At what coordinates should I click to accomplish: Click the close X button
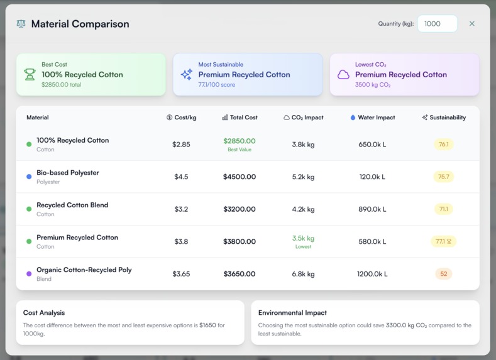(471, 24)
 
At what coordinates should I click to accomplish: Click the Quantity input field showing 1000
(438, 24)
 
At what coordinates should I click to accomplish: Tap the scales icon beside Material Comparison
(21, 24)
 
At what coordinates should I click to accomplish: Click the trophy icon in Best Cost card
(30, 74)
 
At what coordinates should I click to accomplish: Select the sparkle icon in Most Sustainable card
(187, 74)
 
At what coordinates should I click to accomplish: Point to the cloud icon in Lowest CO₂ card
(343, 74)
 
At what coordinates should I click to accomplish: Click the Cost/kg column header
(181, 117)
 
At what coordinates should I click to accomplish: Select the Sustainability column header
(444, 117)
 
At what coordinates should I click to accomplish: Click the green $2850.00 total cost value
(240, 141)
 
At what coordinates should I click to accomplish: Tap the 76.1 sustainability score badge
(443, 145)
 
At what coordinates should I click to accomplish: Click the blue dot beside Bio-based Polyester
(29, 177)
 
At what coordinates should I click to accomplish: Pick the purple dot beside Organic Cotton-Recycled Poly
(29, 274)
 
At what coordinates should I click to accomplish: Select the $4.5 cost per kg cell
(181, 177)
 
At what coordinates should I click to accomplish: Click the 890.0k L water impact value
(372, 209)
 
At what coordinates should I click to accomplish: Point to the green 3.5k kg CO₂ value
(303, 239)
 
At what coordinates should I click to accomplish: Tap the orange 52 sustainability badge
(443, 274)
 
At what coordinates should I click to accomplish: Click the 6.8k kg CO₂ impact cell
(303, 274)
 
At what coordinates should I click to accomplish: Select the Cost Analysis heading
(44, 312)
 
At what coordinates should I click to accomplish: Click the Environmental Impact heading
(292, 312)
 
